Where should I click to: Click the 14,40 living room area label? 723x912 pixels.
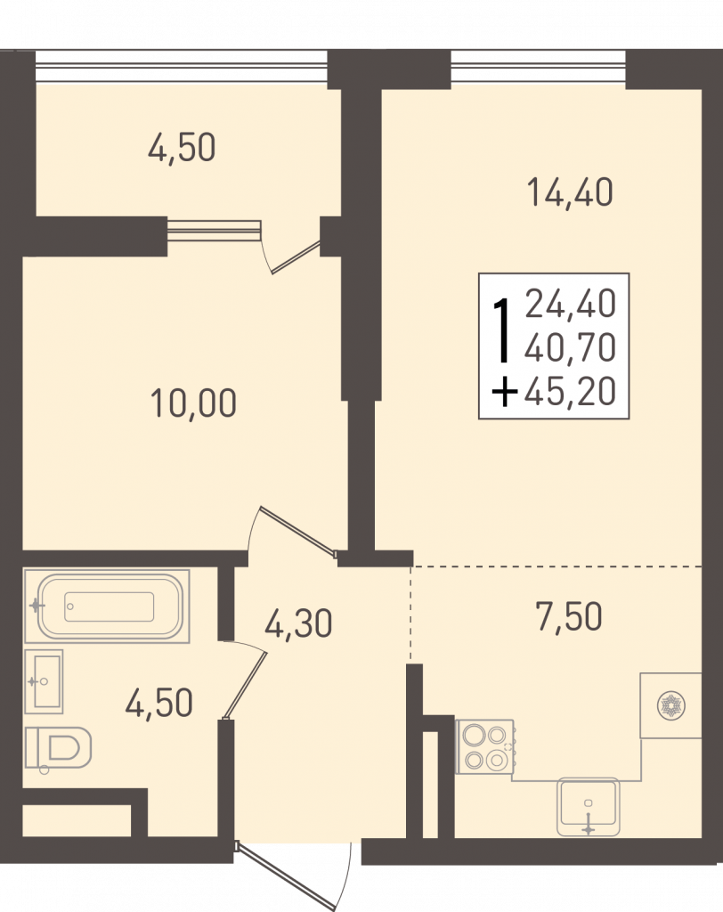(570, 193)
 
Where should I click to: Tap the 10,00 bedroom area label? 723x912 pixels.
(193, 403)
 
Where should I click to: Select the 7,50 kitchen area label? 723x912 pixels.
(569, 617)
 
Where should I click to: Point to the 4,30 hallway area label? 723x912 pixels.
(298, 623)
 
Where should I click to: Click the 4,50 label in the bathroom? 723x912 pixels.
(158, 704)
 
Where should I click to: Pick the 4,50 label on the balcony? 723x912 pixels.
(182, 147)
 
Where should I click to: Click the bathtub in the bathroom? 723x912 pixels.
(107, 607)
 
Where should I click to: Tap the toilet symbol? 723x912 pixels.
(58, 749)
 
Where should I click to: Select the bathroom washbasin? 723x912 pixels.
(44, 681)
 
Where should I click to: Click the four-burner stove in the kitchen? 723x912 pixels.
(484, 747)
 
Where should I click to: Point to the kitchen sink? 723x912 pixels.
(588, 807)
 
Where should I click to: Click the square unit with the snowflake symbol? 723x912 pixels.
(670, 705)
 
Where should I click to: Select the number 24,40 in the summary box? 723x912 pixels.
(570, 304)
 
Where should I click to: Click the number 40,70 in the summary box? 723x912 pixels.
(570, 347)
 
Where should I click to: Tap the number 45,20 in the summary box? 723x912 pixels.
(570, 391)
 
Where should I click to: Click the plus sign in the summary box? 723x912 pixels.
(504, 392)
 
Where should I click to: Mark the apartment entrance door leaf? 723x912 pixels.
(285, 875)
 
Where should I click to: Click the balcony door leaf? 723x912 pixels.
(296, 256)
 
